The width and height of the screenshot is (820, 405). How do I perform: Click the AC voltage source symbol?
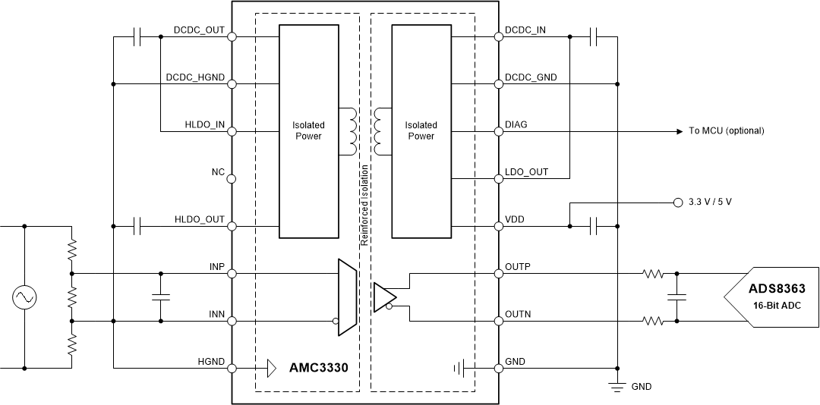24,297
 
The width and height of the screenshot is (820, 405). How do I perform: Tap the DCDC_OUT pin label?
199,31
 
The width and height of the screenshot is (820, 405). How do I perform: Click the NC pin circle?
232,179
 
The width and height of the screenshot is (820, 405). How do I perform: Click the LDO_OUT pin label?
526,172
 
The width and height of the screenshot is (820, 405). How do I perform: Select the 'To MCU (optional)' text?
726,131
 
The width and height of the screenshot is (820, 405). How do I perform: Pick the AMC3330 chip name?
318,369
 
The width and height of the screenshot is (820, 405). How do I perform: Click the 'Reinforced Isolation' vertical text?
364,205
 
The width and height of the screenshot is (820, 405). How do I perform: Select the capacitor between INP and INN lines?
160,297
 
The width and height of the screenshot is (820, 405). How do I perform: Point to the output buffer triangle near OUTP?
383,297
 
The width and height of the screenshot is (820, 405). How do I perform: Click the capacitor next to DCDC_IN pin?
594,36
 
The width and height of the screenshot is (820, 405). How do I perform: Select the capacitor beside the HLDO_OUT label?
137,225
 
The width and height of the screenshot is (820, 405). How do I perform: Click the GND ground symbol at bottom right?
617,385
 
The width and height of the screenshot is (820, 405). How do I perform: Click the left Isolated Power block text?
308,130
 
